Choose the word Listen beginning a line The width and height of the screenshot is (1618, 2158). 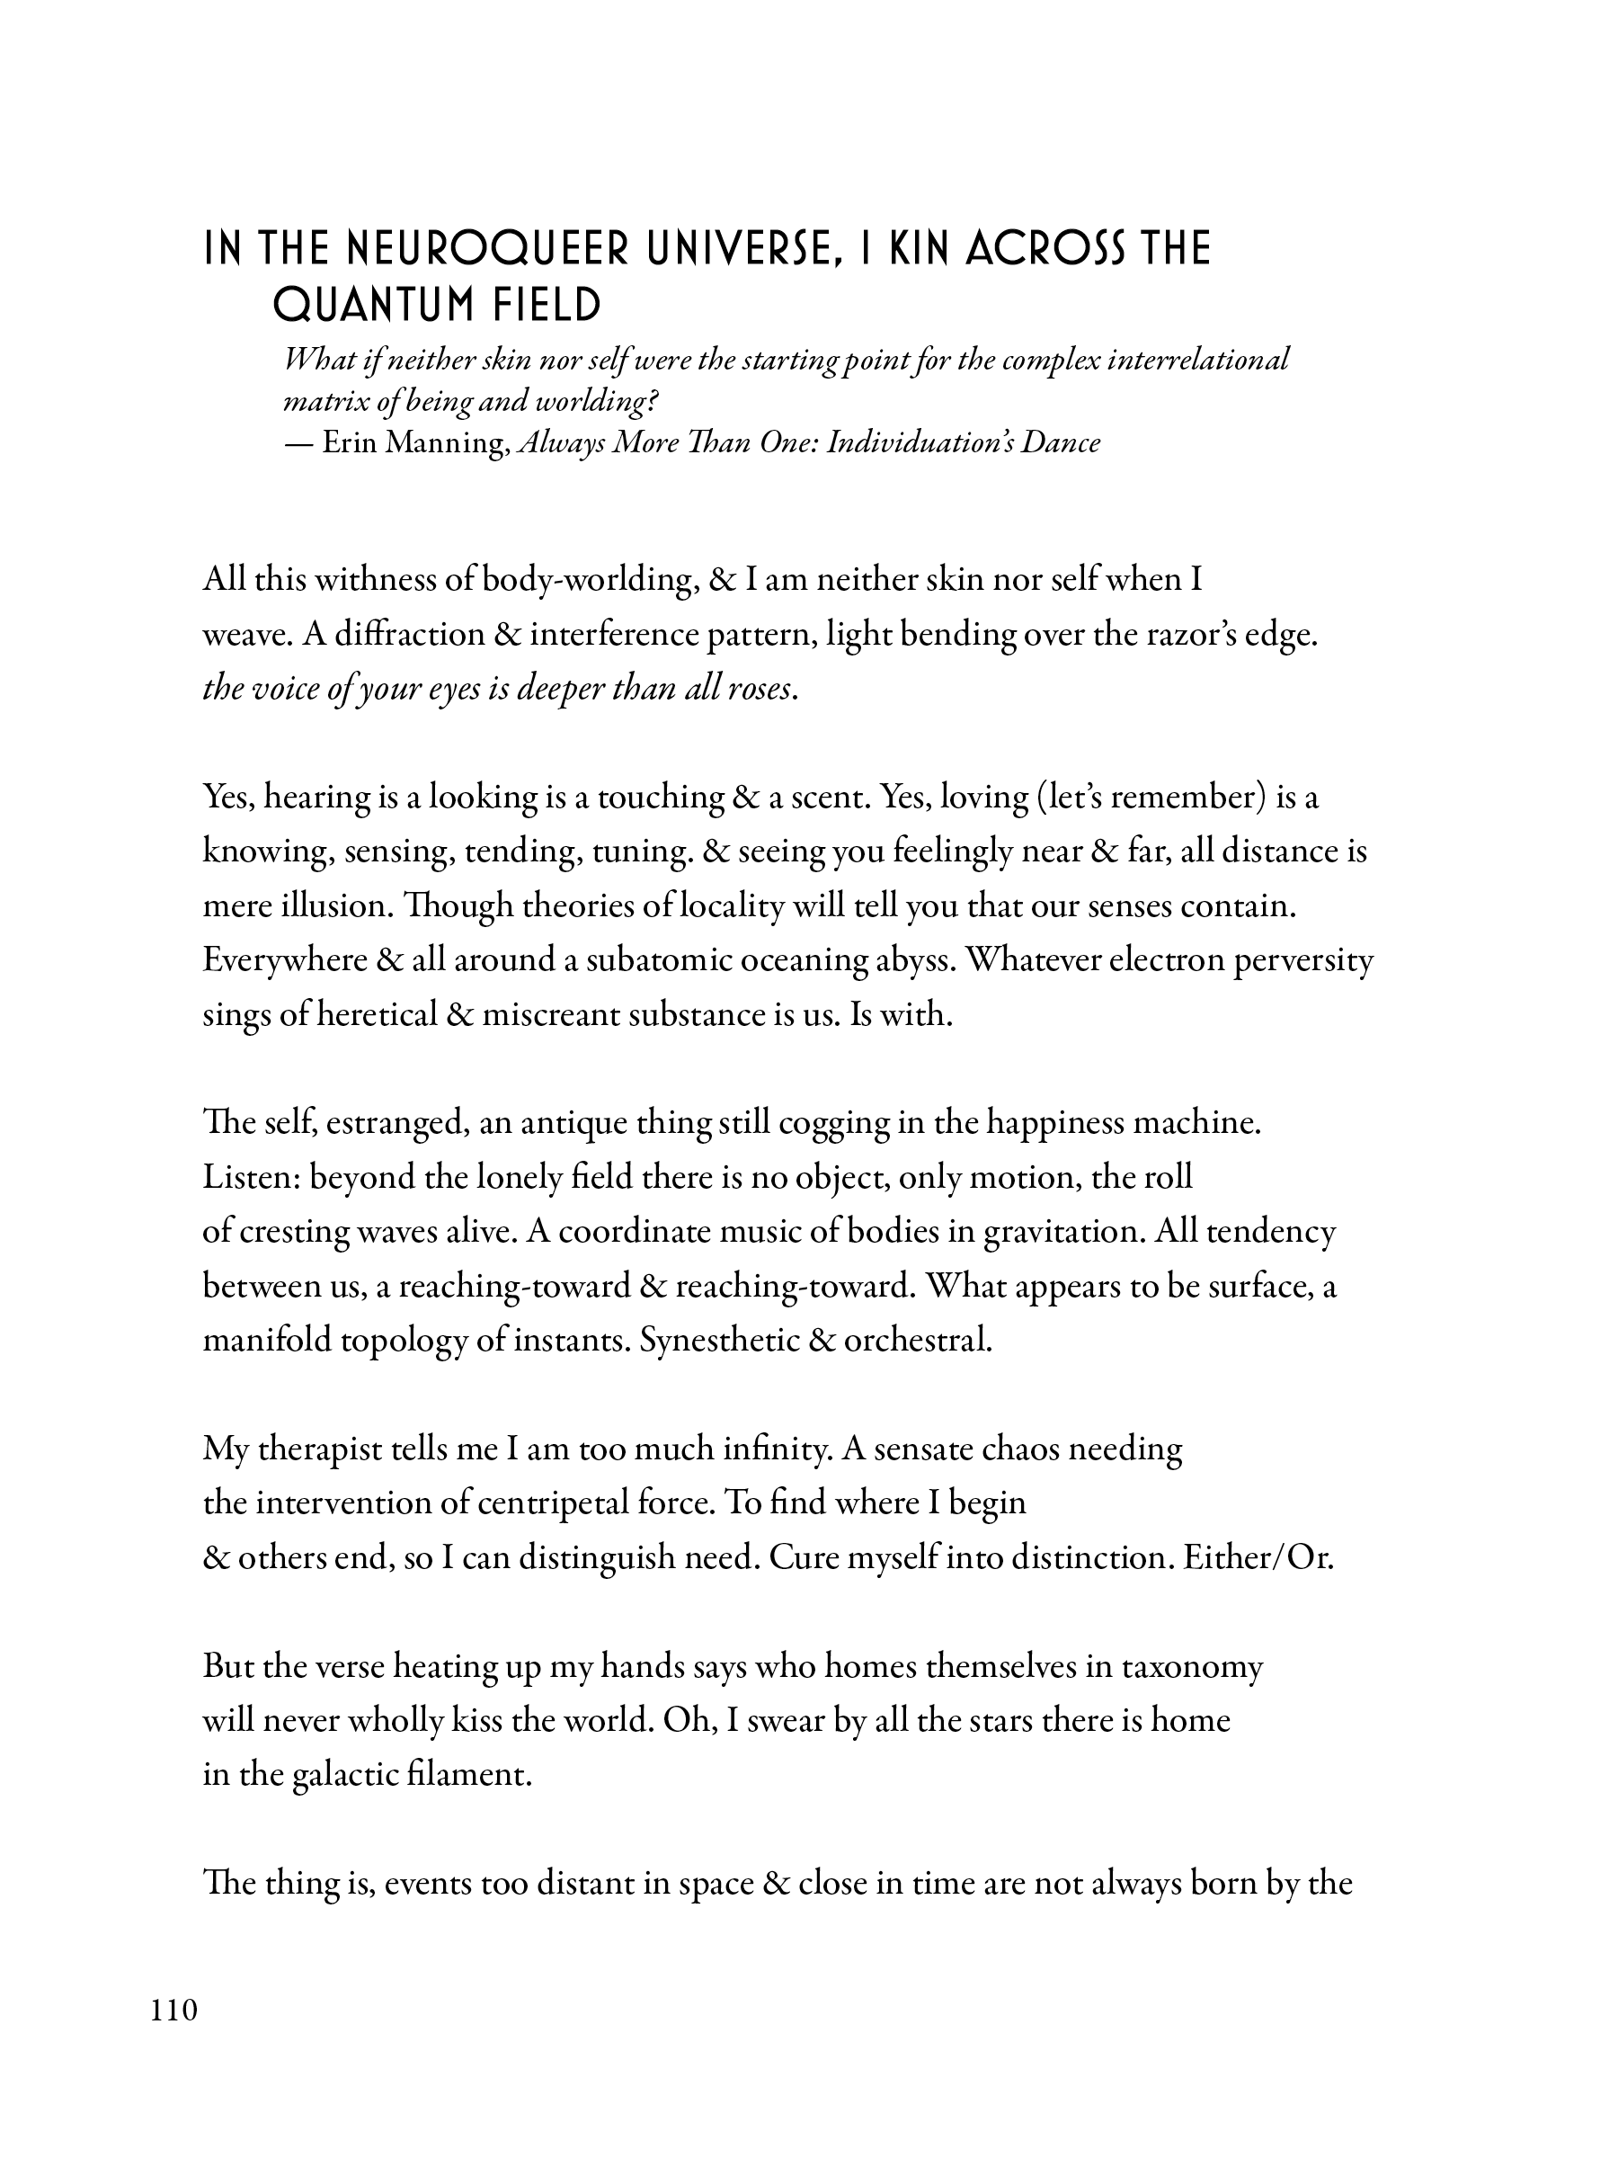(251, 1178)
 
